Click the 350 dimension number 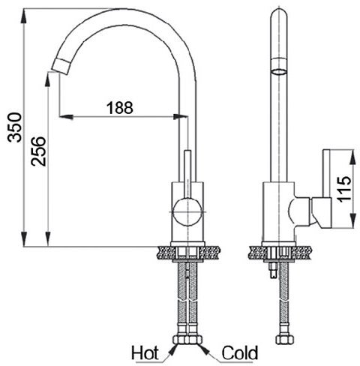[x=14, y=127]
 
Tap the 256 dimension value [x=38, y=151]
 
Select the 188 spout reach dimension [x=120, y=108]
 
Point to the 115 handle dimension [x=344, y=189]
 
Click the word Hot [x=145, y=352]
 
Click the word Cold [x=240, y=352]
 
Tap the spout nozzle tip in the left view [x=60, y=66]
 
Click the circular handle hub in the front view [x=187, y=212]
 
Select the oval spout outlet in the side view [x=279, y=71]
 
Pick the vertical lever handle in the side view [x=326, y=173]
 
